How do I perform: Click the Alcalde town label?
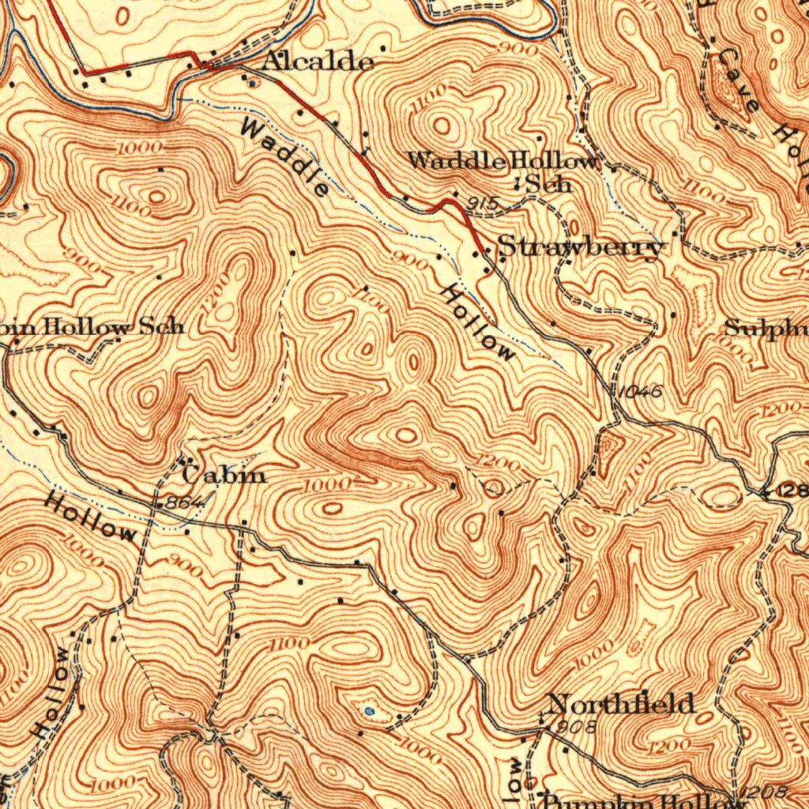(317, 62)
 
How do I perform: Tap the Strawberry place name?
(581, 247)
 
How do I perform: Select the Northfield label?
(622, 703)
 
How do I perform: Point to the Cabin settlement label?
(224, 475)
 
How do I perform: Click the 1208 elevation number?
(765, 792)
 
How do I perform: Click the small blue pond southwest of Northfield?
(370, 711)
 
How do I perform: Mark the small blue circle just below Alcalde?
(251, 81)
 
